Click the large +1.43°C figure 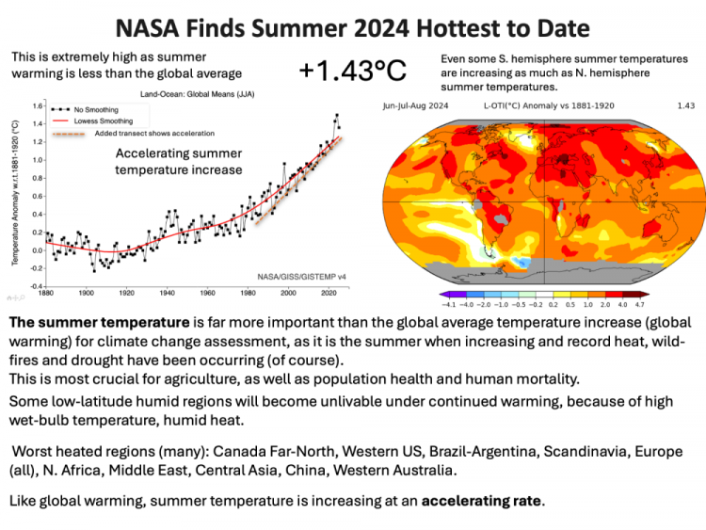(352, 72)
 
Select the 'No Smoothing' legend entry (90, 109)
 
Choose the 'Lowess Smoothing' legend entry (97, 120)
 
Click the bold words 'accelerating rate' (482, 501)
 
